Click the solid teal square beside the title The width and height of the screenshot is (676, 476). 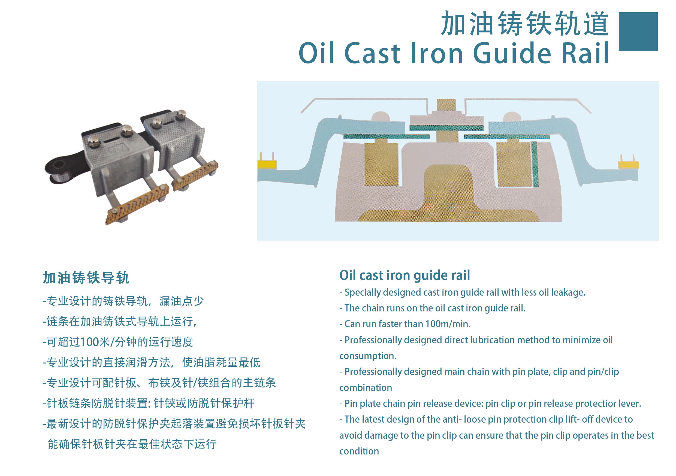click(x=638, y=32)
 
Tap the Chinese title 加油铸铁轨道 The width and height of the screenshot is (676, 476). click(x=525, y=23)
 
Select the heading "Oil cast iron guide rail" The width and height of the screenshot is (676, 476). click(x=405, y=275)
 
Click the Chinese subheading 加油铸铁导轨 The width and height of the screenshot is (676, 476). click(x=86, y=278)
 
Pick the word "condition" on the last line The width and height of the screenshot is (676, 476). click(x=359, y=451)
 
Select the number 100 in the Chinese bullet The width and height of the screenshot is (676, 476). click(x=89, y=342)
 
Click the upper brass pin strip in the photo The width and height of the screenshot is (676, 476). click(x=195, y=176)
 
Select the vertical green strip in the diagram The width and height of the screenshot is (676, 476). click(x=535, y=165)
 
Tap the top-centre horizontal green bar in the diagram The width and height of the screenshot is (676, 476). click(x=446, y=128)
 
